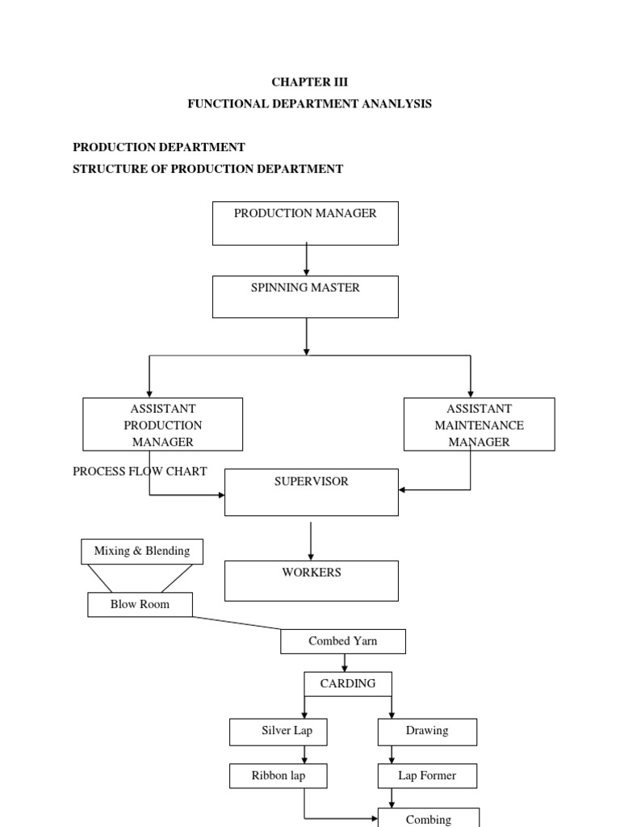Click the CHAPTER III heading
(x=309, y=82)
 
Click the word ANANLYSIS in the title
(x=392, y=103)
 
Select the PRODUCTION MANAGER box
(x=305, y=223)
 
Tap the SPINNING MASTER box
(x=305, y=296)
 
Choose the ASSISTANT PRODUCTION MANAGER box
(x=163, y=424)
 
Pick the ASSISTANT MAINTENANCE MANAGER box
(x=479, y=424)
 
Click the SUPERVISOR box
(x=311, y=491)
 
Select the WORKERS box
(x=311, y=581)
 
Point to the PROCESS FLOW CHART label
(x=140, y=471)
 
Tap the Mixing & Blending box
(x=142, y=551)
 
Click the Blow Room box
(x=140, y=604)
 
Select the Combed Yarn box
(x=343, y=641)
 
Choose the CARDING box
(x=348, y=683)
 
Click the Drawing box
(x=427, y=731)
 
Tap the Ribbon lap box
(x=279, y=776)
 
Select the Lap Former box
(x=427, y=776)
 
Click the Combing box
(x=429, y=817)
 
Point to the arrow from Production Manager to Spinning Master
(x=306, y=260)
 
